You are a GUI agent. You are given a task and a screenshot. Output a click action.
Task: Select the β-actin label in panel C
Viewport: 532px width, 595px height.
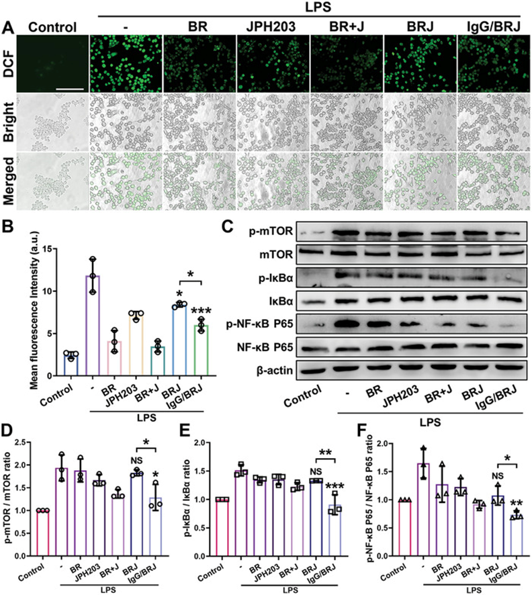point(261,367)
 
